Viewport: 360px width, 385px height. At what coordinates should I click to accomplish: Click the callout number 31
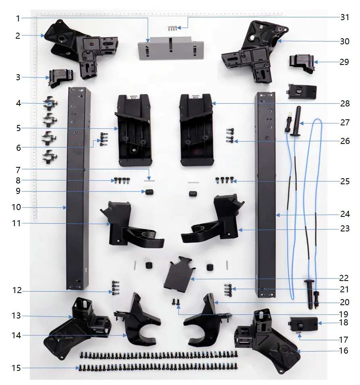coord(345,17)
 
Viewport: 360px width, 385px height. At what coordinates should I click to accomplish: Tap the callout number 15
coord(16,368)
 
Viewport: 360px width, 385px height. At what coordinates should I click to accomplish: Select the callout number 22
coord(344,278)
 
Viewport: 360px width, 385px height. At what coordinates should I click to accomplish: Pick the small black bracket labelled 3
coord(61,77)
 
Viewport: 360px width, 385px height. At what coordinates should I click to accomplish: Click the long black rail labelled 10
coord(78,189)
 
